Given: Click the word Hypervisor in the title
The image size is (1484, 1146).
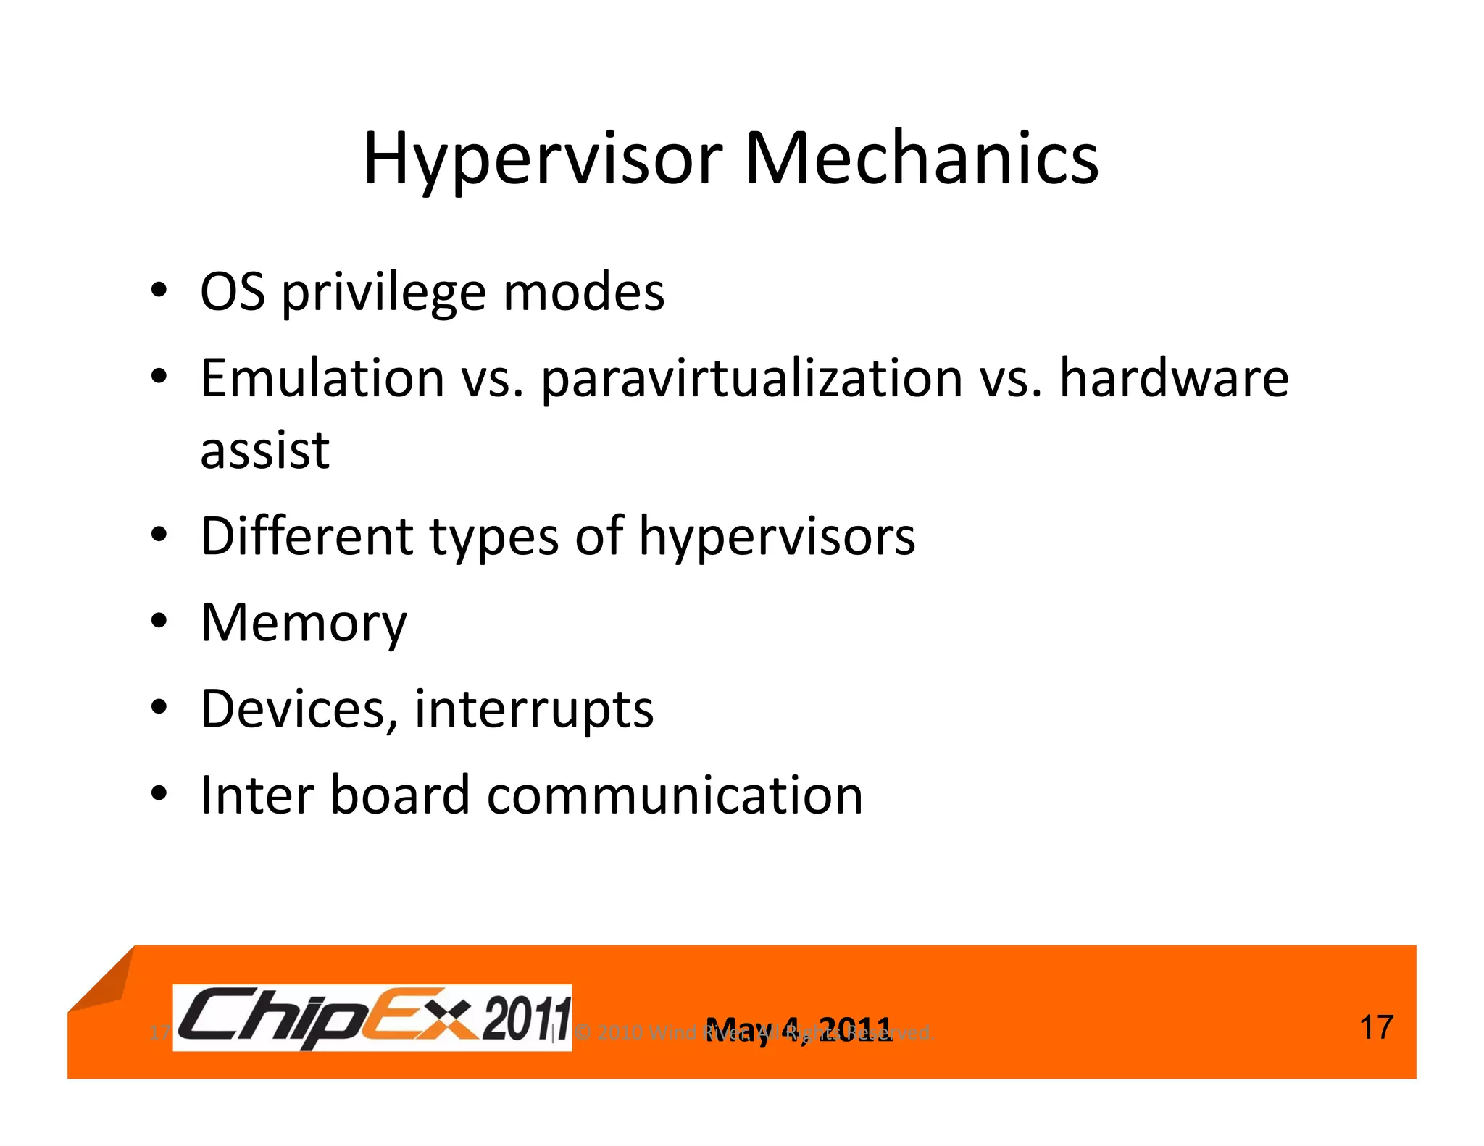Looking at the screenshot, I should pos(542,159).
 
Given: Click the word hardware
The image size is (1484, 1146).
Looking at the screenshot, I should pos(1174,378).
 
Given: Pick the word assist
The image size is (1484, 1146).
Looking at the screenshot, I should pos(264,451).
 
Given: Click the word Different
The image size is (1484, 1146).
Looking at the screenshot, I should pos(307,537).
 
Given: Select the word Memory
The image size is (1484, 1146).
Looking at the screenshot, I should pos(304,624).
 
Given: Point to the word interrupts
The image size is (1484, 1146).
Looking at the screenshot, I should pos(534,710).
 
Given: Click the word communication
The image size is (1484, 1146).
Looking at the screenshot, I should pos(675,795).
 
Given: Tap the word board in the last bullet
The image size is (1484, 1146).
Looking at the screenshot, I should pos(400,795).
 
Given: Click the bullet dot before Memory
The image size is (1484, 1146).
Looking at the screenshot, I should pos(159,622).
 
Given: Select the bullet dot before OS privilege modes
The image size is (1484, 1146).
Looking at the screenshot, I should pos(159,292).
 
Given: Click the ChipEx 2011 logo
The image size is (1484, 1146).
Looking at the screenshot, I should pos(372,1017).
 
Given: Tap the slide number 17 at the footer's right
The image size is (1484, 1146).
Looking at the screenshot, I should pos(1376,1027).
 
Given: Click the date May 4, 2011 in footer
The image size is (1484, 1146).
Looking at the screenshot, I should pos(799,1029).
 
